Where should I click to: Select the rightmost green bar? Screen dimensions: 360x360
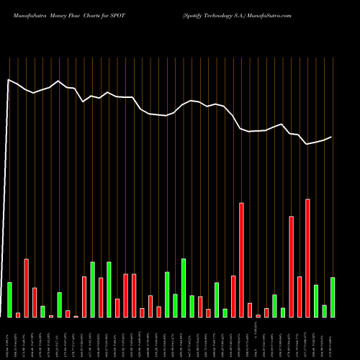click(333, 297)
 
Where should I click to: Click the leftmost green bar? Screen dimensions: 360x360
click(10, 300)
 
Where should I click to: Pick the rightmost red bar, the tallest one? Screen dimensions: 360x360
click(307, 258)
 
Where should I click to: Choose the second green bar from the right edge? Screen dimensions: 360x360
click(324, 310)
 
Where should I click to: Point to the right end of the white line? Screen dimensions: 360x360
click(332, 137)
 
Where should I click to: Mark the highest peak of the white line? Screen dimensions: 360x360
click(9, 80)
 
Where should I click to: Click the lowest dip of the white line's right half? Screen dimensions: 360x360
click(307, 144)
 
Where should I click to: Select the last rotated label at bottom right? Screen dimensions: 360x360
click(333, 338)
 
